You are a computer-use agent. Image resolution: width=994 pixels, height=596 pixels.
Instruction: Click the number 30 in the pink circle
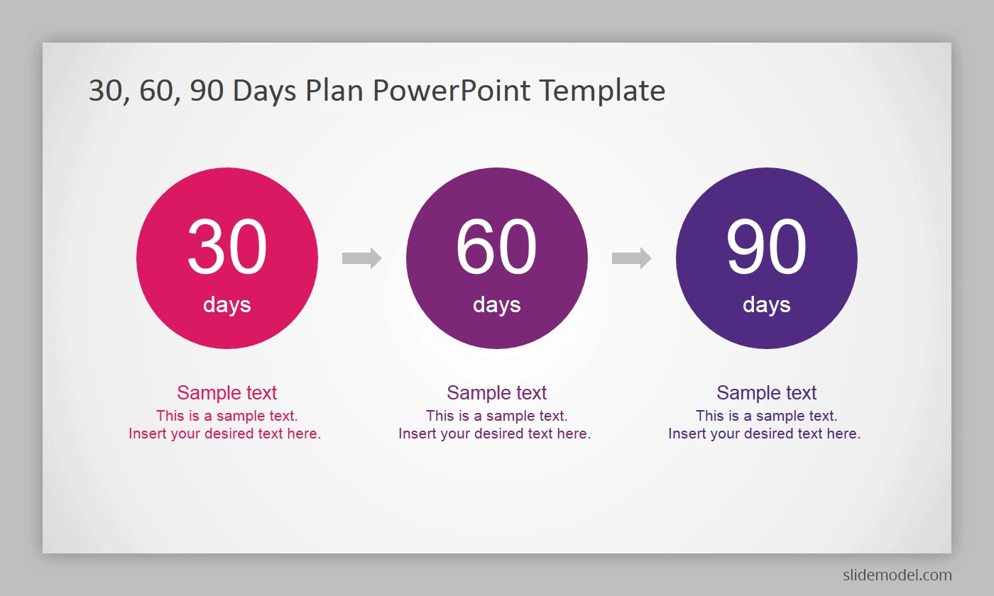click(x=226, y=246)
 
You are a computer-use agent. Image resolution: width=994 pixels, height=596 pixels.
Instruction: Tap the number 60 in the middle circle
click(x=496, y=246)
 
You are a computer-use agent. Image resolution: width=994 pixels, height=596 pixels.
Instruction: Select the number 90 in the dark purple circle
click(x=766, y=246)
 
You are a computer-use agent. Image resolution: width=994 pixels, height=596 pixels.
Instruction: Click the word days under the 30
click(x=226, y=305)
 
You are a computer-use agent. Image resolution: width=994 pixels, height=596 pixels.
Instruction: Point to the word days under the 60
click(x=496, y=305)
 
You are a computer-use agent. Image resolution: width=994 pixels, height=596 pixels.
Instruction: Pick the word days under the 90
click(x=766, y=305)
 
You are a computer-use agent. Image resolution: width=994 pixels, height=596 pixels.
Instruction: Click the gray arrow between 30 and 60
click(x=361, y=258)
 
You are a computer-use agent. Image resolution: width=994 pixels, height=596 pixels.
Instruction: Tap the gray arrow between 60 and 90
click(x=631, y=258)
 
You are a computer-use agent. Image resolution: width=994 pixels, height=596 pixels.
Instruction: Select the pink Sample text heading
click(x=226, y=392)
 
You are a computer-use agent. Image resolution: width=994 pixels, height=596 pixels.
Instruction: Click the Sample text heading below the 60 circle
click(x=496, y=392)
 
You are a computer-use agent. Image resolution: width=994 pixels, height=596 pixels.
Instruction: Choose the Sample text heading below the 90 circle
click(x=766, y=392)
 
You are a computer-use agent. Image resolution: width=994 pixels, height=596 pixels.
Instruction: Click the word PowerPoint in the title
click(x=452, y=91)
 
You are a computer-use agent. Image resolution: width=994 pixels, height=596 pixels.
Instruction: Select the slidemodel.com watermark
click(x=897, y=575)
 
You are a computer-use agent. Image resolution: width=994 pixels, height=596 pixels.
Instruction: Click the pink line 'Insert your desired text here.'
click(x=224, y=434)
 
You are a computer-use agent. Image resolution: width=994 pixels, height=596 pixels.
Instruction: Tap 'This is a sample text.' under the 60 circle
click(x=496, y=416)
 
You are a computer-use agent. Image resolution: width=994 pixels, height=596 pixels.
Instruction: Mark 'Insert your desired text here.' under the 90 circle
click(x=764, y=434)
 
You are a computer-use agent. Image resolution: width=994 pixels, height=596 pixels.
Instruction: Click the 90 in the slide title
click(x=207, y=91)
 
